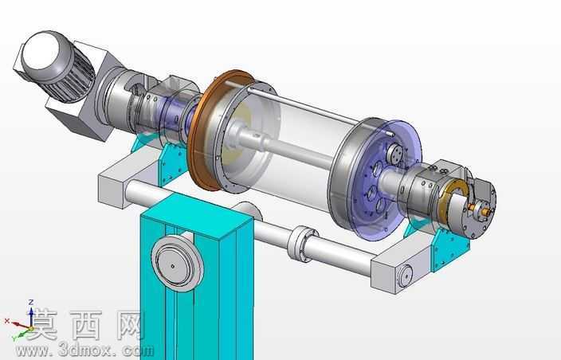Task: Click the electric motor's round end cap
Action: tap(42, 53)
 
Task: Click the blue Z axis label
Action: tap(31, 302)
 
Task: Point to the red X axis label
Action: tap(7, 321)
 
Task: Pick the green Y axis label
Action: tap(14, 337)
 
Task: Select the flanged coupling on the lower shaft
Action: tap(301, 244)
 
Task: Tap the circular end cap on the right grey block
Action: tap(405, 276)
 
